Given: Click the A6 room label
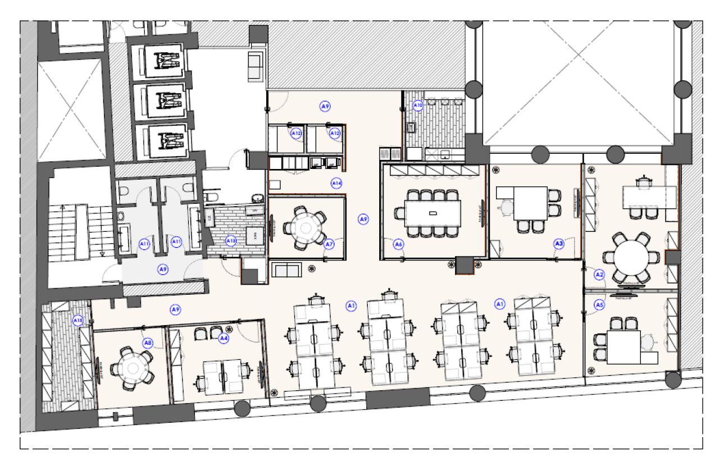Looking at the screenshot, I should pos(398,244).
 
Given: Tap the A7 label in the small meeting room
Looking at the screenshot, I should pos(330,244).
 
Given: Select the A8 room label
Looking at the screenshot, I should pos(148,342).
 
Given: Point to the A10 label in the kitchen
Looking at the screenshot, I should pos(417,105).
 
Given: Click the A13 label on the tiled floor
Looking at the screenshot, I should pos(231,241).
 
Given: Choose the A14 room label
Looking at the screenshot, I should pos(336,183).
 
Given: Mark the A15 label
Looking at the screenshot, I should pos(78,321).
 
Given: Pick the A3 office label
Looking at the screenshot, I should pos(559,244).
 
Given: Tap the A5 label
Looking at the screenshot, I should pos(599,305).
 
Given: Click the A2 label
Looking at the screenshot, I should pos(599,275).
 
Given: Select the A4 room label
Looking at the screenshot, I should pos(224,338).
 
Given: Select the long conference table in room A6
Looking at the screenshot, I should pos(432,213).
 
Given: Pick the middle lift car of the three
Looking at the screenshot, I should pos(163,101).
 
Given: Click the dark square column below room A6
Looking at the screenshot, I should pos(464,266).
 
